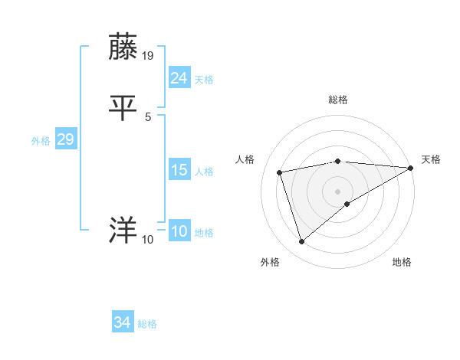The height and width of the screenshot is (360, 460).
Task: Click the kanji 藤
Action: (x=123, y=47)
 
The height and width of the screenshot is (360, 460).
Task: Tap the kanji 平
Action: (x=123, y=108)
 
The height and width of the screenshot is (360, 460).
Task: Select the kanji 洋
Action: (x=123, y=231)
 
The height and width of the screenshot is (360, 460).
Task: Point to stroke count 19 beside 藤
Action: (x=149, y=56)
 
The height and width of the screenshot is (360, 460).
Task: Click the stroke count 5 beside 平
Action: (x=148, y=117)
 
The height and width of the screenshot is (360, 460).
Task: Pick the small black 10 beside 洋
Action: (x=148, y=240)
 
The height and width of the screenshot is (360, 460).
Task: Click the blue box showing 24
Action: (x=179, y=77)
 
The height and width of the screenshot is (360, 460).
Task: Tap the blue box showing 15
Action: (x=179, y=170)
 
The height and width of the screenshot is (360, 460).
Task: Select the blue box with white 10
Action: (x=179, y=231)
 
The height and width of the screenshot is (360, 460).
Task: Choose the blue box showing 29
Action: (x=65, y=139)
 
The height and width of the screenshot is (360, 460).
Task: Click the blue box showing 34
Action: (x=122, y=322)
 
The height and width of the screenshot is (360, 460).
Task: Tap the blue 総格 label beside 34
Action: (x=147, y=324)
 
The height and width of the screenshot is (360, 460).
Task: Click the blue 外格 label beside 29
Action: (x=41, y=141)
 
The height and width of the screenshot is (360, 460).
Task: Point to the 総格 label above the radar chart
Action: (x=338, y=100)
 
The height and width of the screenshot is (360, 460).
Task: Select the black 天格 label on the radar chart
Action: (x=431, y=159)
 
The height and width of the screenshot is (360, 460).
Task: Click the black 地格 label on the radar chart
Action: (x=402, y=262)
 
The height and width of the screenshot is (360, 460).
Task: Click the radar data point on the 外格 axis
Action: (x=301, y=242)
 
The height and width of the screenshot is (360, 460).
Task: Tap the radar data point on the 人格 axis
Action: (x=280, y=172)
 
